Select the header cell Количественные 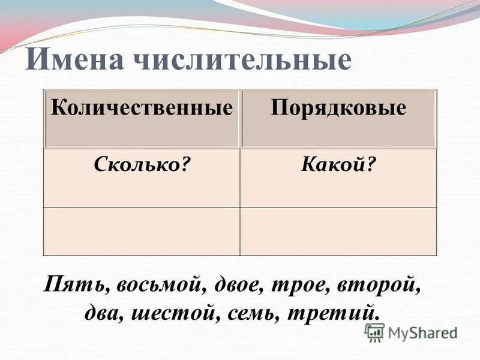(142, 108)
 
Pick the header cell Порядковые (338, 108)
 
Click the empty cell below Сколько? (142, 232)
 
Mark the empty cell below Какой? (338, 232)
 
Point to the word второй (380, 284)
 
